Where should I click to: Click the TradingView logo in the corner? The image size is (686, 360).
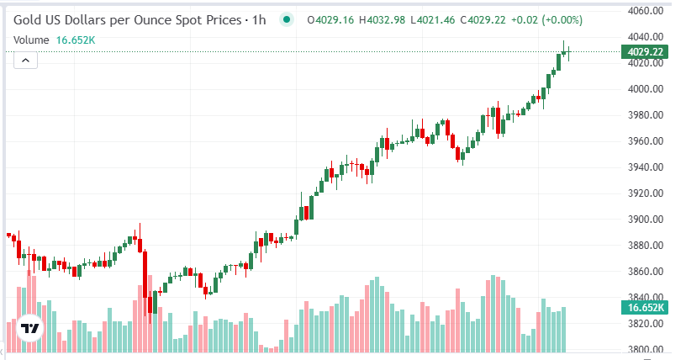[31, 328]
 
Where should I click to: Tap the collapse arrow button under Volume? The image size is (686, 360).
[25, 60]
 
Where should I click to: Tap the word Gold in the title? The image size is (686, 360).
[29, 19]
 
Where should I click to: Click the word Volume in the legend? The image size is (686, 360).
[31, 40]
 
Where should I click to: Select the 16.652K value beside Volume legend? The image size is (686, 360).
[76, 40]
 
